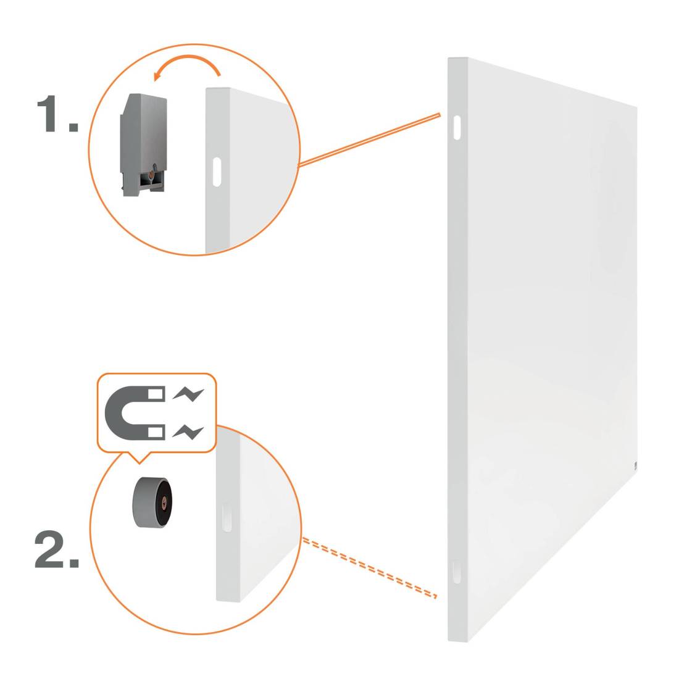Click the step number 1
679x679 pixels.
(x=57, y=114)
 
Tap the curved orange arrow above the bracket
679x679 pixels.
(x=187, y=61)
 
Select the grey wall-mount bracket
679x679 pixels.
(x=143, y=144)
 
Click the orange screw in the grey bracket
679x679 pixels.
(x=150, y=175)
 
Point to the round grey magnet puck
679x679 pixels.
(x=152, y=502)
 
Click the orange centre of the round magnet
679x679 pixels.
(x=163, y=501)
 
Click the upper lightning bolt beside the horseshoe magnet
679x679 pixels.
(x=188, y=394)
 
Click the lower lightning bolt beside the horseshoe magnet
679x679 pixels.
(x=188, y=431)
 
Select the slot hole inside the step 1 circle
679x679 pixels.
(x=217, y=172)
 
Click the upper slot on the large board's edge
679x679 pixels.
(x=457, y=127)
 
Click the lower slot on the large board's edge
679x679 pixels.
(x=456, y=571)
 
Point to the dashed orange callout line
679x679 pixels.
(x=369, y=568)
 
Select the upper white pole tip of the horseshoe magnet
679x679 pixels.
(x=157, y=394)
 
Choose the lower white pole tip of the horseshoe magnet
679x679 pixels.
(x=157, y=431)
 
